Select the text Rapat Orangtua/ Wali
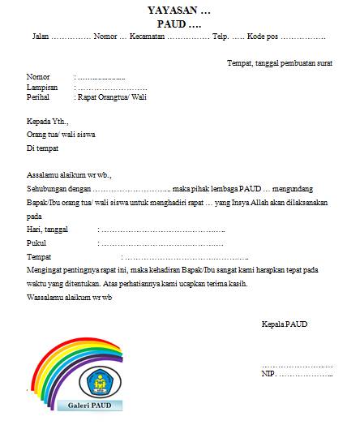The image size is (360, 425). [112, 97]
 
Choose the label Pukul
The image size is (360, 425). [37, 243]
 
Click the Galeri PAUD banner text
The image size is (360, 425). [90, 405]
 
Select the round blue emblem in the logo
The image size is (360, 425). [98, 380]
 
